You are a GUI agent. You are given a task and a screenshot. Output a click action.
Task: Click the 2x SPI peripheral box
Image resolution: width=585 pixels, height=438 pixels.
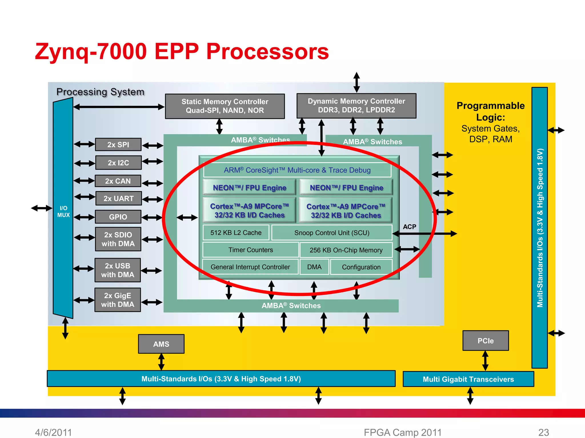118,145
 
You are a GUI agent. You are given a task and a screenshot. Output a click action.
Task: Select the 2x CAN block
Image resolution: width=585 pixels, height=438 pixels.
118,181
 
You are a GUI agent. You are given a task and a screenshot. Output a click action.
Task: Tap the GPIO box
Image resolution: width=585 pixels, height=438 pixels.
118,217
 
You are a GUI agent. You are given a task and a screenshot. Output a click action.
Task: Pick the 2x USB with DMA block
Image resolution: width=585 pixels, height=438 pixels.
117,270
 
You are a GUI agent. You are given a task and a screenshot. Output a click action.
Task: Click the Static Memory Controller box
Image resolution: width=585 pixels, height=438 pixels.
225,106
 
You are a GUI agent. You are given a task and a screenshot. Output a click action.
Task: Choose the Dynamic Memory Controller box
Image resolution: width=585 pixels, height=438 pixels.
356,106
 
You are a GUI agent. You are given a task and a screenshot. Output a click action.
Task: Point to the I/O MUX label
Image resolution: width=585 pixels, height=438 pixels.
63,212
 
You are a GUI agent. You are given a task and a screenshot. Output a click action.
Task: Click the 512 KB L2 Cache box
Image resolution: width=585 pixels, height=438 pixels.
236,233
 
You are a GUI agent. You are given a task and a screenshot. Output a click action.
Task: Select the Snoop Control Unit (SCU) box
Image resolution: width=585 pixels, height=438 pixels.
332,233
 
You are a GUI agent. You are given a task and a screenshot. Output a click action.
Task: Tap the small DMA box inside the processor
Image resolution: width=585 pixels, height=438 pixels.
314,267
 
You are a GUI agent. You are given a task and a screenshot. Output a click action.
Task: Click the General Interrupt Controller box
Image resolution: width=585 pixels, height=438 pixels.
250,267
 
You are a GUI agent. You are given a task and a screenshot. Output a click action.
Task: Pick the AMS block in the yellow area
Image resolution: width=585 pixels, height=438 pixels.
161,344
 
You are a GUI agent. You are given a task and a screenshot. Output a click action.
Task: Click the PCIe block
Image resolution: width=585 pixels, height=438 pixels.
486,341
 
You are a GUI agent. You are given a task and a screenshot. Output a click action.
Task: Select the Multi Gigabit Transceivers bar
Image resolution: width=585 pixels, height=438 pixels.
468,379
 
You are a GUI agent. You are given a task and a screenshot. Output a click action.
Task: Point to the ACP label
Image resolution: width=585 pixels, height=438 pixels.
409,227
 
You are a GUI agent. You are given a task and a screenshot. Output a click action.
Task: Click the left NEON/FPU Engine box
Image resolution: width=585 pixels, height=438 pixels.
249,188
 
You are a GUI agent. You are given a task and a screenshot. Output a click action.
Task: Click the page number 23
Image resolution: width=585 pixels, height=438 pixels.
544,432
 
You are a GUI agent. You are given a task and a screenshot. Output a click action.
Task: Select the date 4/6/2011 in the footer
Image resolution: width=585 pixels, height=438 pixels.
53,432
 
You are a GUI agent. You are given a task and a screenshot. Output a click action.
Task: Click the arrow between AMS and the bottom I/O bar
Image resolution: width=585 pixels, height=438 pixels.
161,362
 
